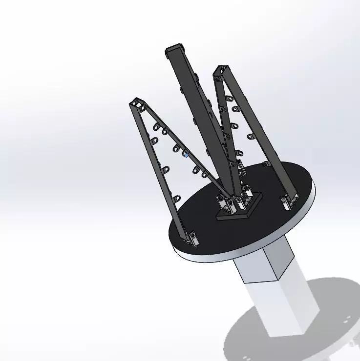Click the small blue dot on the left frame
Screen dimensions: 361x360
(x=186, y=155)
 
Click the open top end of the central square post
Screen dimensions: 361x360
(x=174, y=49)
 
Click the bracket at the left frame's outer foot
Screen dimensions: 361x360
(x=192, y=238)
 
